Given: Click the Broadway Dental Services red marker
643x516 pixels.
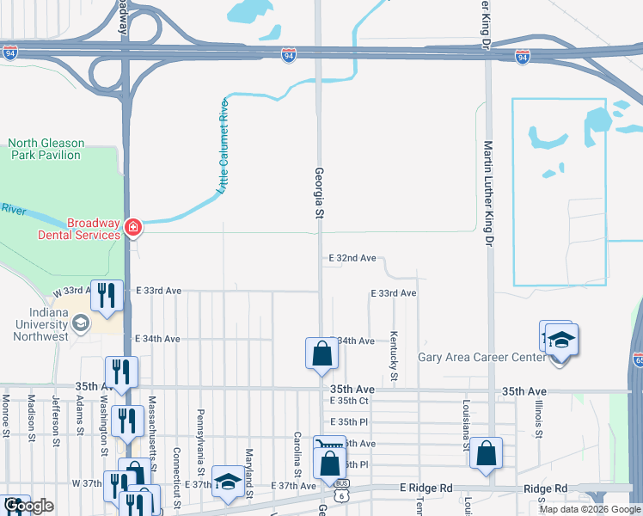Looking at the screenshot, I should coord(133,228).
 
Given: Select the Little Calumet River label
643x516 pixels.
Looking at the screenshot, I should coord(222,145).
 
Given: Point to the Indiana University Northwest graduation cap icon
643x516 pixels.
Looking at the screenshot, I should coord(81,323).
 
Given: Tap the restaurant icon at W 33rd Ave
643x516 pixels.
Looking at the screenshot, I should coord(107,294).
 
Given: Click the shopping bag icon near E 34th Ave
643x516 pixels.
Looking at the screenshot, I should coord(321,353).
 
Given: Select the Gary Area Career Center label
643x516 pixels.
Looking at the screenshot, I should coord(481,357).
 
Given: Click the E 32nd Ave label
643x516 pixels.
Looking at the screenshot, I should coord(352,258).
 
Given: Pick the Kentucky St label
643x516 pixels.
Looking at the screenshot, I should coord(394,357).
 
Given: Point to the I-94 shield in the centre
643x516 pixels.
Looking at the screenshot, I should coord(289,56).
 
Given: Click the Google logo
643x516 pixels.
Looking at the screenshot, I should coord(28,507).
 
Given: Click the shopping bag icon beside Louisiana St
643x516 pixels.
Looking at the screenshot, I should coord(487,452).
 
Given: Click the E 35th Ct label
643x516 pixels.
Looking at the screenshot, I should coord(349,401).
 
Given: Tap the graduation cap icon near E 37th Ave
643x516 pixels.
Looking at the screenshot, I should coord(227,482).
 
